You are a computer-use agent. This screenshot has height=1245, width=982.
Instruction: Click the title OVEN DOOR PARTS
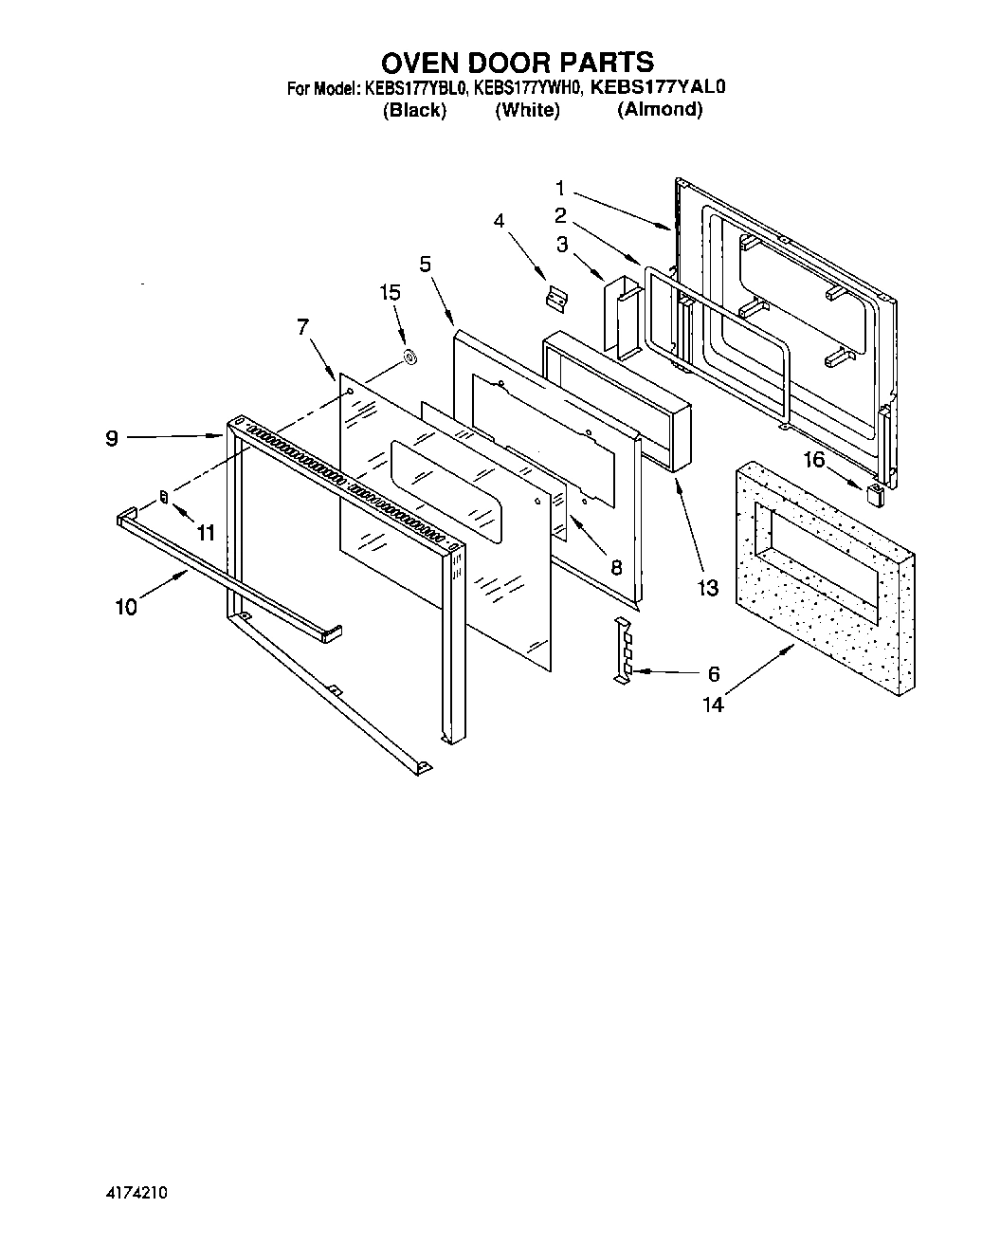(x=517, y=63)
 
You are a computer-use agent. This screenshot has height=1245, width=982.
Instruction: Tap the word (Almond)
(x=660, y=109)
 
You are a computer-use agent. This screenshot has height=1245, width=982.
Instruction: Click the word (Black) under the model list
(x=414, y=110)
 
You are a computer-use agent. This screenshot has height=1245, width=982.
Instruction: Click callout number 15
(x=390, y=292)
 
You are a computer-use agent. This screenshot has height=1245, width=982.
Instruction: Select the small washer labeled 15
(x=410, y=357)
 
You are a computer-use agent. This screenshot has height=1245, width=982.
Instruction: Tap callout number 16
(x=814, y=461)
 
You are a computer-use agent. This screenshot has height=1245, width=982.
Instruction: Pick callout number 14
(x=713, y=705)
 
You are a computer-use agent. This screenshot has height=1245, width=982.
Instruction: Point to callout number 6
(x=714, y=674)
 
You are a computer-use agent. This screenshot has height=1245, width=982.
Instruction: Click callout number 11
(x=205, y=533)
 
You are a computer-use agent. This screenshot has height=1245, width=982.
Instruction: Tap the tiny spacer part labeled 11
(x=163, y=498)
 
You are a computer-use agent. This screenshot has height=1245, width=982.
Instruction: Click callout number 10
(x=126, y=607)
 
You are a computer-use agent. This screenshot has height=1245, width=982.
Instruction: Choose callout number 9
(x=112, y=439)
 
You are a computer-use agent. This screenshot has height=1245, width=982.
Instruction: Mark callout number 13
(x=708, y=588)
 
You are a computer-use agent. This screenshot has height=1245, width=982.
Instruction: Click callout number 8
(x=616, y=568)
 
